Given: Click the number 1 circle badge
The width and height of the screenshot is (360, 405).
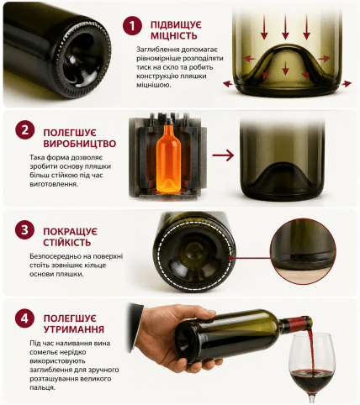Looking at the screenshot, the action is point(132,25).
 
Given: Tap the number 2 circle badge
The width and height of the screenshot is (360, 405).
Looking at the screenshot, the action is point(25,130).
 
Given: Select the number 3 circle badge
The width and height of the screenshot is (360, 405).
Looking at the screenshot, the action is point(24,229).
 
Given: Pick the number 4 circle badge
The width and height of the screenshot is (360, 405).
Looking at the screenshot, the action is point(24,318).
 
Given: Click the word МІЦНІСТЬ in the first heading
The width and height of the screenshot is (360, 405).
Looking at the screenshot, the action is point(174,36).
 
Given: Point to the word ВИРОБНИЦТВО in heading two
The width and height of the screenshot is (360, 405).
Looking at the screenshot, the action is point(80,144).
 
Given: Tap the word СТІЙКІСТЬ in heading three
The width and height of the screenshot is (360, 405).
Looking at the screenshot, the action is point(67,242).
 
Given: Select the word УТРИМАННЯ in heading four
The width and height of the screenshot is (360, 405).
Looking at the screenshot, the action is point(74,329).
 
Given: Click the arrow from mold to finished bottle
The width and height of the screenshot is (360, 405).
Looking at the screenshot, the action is point(223,155).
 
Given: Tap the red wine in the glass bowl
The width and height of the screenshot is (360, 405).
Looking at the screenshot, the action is point(311,379).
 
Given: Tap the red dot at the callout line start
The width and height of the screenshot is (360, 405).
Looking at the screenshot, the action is point(231,258).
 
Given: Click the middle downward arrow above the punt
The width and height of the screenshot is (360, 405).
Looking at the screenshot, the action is point(285,26).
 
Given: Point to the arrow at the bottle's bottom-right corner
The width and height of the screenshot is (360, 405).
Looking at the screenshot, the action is point(347,83).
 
